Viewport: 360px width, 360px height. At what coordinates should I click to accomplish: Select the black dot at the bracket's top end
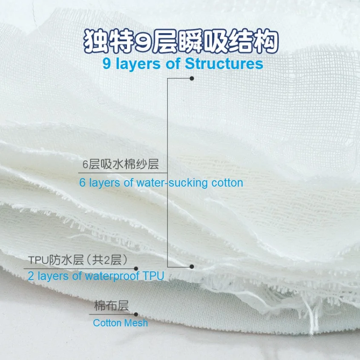click(192, 78)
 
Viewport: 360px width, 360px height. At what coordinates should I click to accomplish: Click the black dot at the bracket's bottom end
click(192, 267)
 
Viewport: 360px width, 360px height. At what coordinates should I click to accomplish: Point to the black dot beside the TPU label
click(136, 268)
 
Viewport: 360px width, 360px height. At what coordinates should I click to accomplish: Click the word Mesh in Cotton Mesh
click(136, 323)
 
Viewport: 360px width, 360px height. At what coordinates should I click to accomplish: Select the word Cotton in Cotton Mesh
click(107, 323)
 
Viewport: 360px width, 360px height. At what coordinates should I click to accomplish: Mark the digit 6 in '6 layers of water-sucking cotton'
click(83, 183)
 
